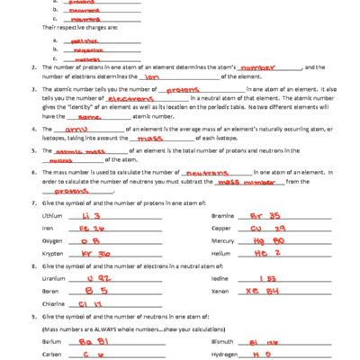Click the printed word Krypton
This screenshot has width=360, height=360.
click(x=53, y=254)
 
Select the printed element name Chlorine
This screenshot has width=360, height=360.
click(x=54, y=304)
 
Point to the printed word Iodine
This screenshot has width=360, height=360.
click(x=221, y=280)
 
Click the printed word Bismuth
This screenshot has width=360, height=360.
click(x=223, y=342)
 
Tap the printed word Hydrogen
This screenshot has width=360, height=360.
click(x=224, y=355)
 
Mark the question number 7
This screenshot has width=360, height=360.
click(x=32, y=203)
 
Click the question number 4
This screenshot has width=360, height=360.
click(x=32, y=129)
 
